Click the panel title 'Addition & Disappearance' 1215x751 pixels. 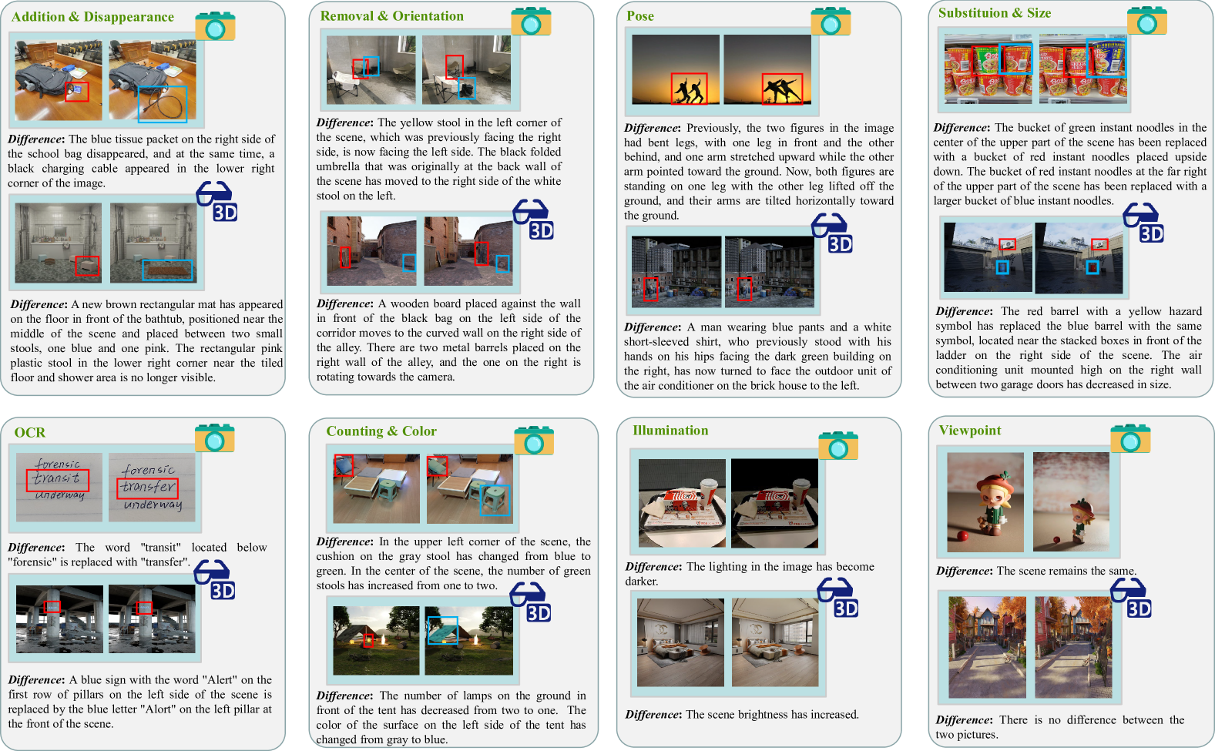[x=92, y=17]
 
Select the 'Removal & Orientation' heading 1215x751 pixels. [x=391, y=15]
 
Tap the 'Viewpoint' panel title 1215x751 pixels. [x=970, y=431]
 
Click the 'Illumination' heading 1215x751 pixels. [x=670, y=431]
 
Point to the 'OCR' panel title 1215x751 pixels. [x=30, y=433]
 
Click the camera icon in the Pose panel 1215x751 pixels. [x=831, y=22]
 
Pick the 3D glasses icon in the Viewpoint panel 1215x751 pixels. [x=1131, y=598]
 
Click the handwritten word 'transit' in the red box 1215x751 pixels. [x=56, y=479]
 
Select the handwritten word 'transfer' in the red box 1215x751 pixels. [x=147, y=486]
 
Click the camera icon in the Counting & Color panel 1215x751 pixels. [x=534, y=441]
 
